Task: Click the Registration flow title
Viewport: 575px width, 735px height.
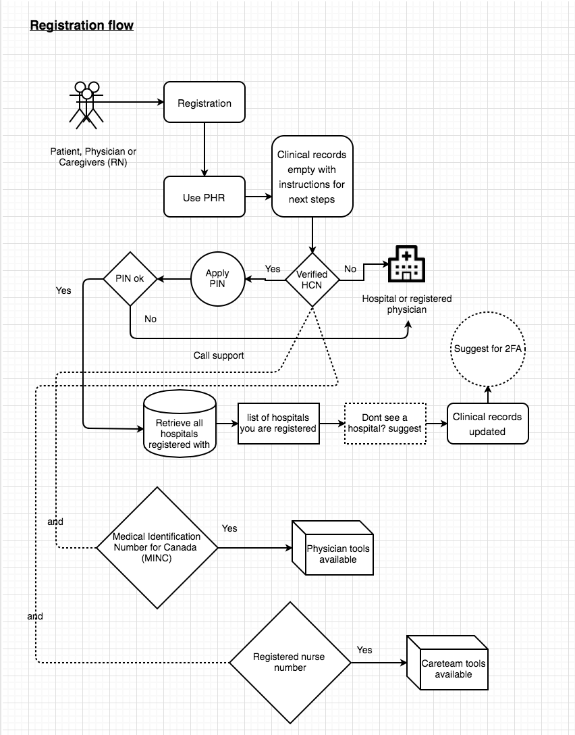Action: click(x=82, y=26)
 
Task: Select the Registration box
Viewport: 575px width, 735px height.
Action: click(x=204, y=103)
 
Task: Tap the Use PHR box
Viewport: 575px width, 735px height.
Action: click(x=204, y=197)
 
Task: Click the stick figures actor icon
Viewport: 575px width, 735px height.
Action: click(x=86, y=104)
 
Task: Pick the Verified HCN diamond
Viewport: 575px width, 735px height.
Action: click(x=312, y=279)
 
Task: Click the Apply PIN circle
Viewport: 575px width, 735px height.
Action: click(x=217, y=278)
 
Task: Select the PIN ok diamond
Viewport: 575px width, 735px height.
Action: click(x=130, y=278)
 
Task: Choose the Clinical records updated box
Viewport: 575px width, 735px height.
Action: click(x=487, y=424)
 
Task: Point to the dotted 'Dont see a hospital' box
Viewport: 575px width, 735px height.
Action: click(x=385, y=424)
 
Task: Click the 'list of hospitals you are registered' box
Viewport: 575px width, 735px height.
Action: click(x=278, y=424)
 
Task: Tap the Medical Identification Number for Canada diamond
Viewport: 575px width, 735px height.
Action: click(x=157, y=547)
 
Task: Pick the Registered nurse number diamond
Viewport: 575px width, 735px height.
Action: click(x=290, y=662)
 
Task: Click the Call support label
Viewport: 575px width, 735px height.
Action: click(x=219, y=355)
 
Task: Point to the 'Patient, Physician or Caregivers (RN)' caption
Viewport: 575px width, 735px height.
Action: click(x=93, y=157)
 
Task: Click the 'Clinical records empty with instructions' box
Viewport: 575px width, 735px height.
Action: click(x=312, y=177)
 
